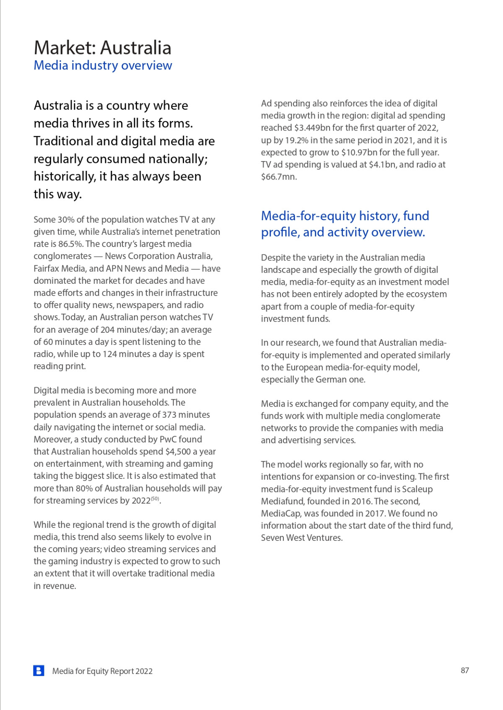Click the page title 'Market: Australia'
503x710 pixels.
[x=102, y=47]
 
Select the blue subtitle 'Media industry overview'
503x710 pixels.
[x=103, y=65]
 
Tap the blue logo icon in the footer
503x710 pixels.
[x=39, y=671]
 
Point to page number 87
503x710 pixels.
[x=465, y=670]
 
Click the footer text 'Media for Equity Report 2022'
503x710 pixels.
[x=102, y=671]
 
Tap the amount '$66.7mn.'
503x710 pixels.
[x=279, y=177]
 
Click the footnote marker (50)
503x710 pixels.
[x=155, y=499]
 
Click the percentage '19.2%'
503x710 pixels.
[x=296, y=140]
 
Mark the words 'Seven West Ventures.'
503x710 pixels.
[x=302, y=538]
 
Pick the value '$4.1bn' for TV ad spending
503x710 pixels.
[x=382, y=165]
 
